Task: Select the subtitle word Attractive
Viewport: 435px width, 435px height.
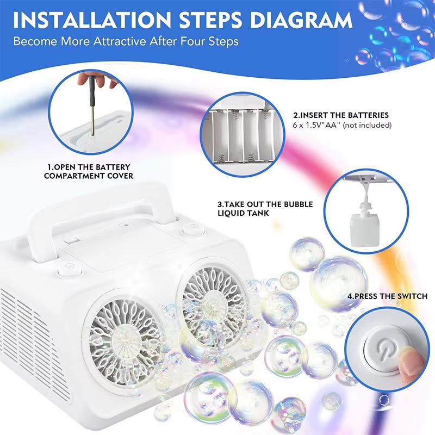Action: (x=119, y=41)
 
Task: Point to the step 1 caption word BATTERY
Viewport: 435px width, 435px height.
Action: (x=113, y=167)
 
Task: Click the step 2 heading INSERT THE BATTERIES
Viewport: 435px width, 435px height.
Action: (x=341, y=115)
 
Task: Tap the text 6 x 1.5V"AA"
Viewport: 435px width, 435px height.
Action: (x=316, y=125)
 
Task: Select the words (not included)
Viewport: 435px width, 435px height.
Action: (x=368, y=125)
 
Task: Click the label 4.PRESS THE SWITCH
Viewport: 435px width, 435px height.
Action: (x=387, y=296)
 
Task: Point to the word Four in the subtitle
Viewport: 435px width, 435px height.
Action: (x=192, y=41)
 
